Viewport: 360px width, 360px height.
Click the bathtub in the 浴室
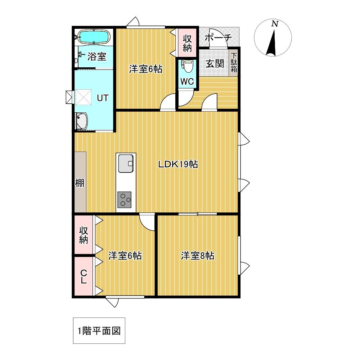tap(94, 36)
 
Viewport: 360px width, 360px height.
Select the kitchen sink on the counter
tap(126, 163)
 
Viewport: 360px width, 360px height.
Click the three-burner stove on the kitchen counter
tap(125, 199)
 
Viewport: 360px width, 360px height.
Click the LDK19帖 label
tap(178, 164)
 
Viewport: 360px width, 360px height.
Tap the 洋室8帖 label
tap(198, 256)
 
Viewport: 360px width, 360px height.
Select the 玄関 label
tap(215, 64)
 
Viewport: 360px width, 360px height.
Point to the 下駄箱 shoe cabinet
tap(234, 62)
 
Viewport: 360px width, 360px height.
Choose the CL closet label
tap(84, 276)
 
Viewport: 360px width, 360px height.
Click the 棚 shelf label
tap(80, 183)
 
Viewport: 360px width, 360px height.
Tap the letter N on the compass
tap(275, 24)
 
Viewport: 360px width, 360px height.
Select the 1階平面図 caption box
tap(99, 330)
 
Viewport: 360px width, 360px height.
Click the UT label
tap(102, 98)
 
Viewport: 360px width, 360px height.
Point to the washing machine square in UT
tap(84, 97)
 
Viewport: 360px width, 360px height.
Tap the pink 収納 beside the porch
tap(187, 43)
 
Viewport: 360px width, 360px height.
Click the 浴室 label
tap(96, 56)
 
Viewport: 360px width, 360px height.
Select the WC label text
tap(187, 81)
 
